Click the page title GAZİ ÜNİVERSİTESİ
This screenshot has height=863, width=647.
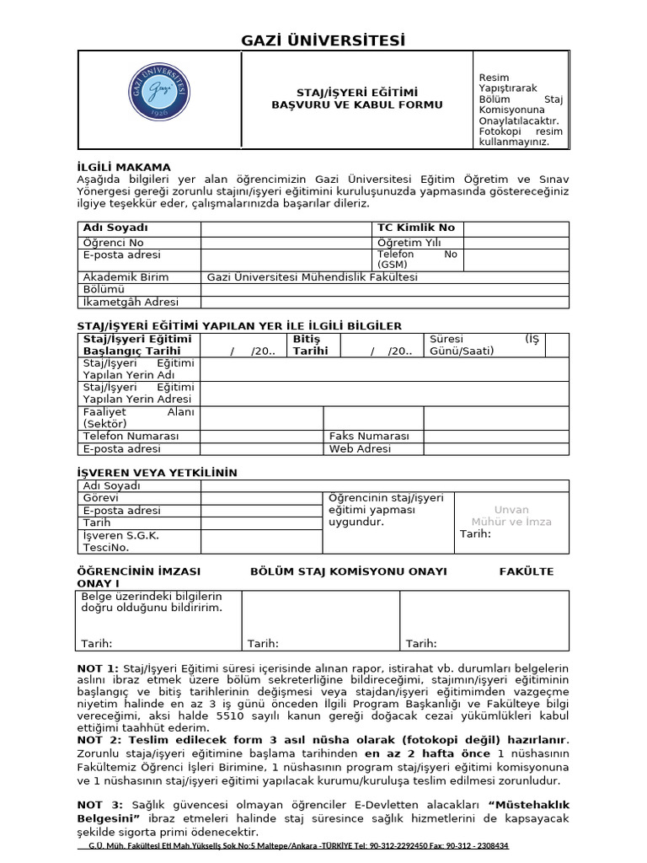[x=323, y=40]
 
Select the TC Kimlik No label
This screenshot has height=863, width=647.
[x=416, y=228]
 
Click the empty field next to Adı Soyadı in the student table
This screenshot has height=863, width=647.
[x=286, y=228]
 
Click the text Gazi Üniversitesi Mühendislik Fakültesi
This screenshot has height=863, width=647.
[x=313, y=277]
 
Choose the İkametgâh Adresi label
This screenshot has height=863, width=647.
[x=131, y=302]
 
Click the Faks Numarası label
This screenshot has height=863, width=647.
[x=369, y=437]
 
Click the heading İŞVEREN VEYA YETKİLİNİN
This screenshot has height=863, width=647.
[x=158, y=473]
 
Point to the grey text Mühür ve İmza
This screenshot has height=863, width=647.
[x=511, y=522]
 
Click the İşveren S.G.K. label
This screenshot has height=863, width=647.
[x=121, y=535]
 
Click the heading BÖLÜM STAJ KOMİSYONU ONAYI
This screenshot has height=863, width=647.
[x=349, y=571]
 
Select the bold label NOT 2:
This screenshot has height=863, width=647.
[x=99, y=740]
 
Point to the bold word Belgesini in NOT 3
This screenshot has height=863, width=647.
[x=106, y=818]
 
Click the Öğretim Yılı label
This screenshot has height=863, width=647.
[x=409, y=243]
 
